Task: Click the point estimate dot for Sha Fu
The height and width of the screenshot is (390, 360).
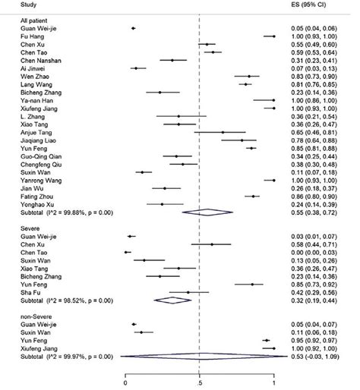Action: (187, 292)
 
